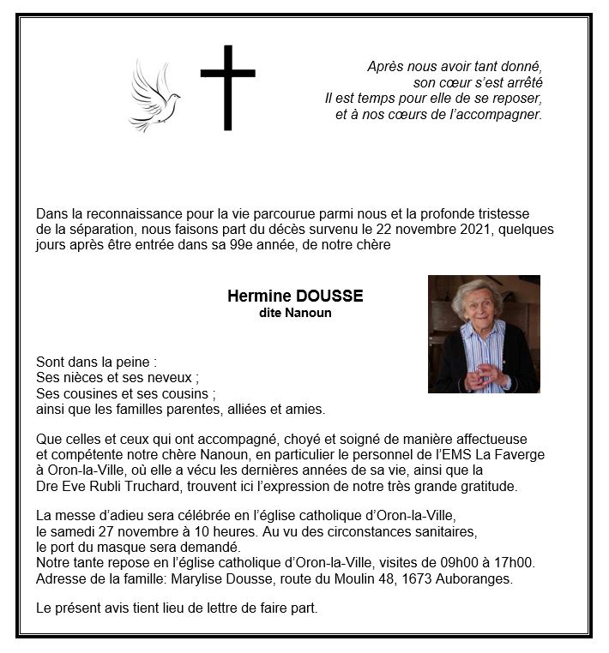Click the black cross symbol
[x=227, y=87]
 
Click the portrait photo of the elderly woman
[x=484, y=333]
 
